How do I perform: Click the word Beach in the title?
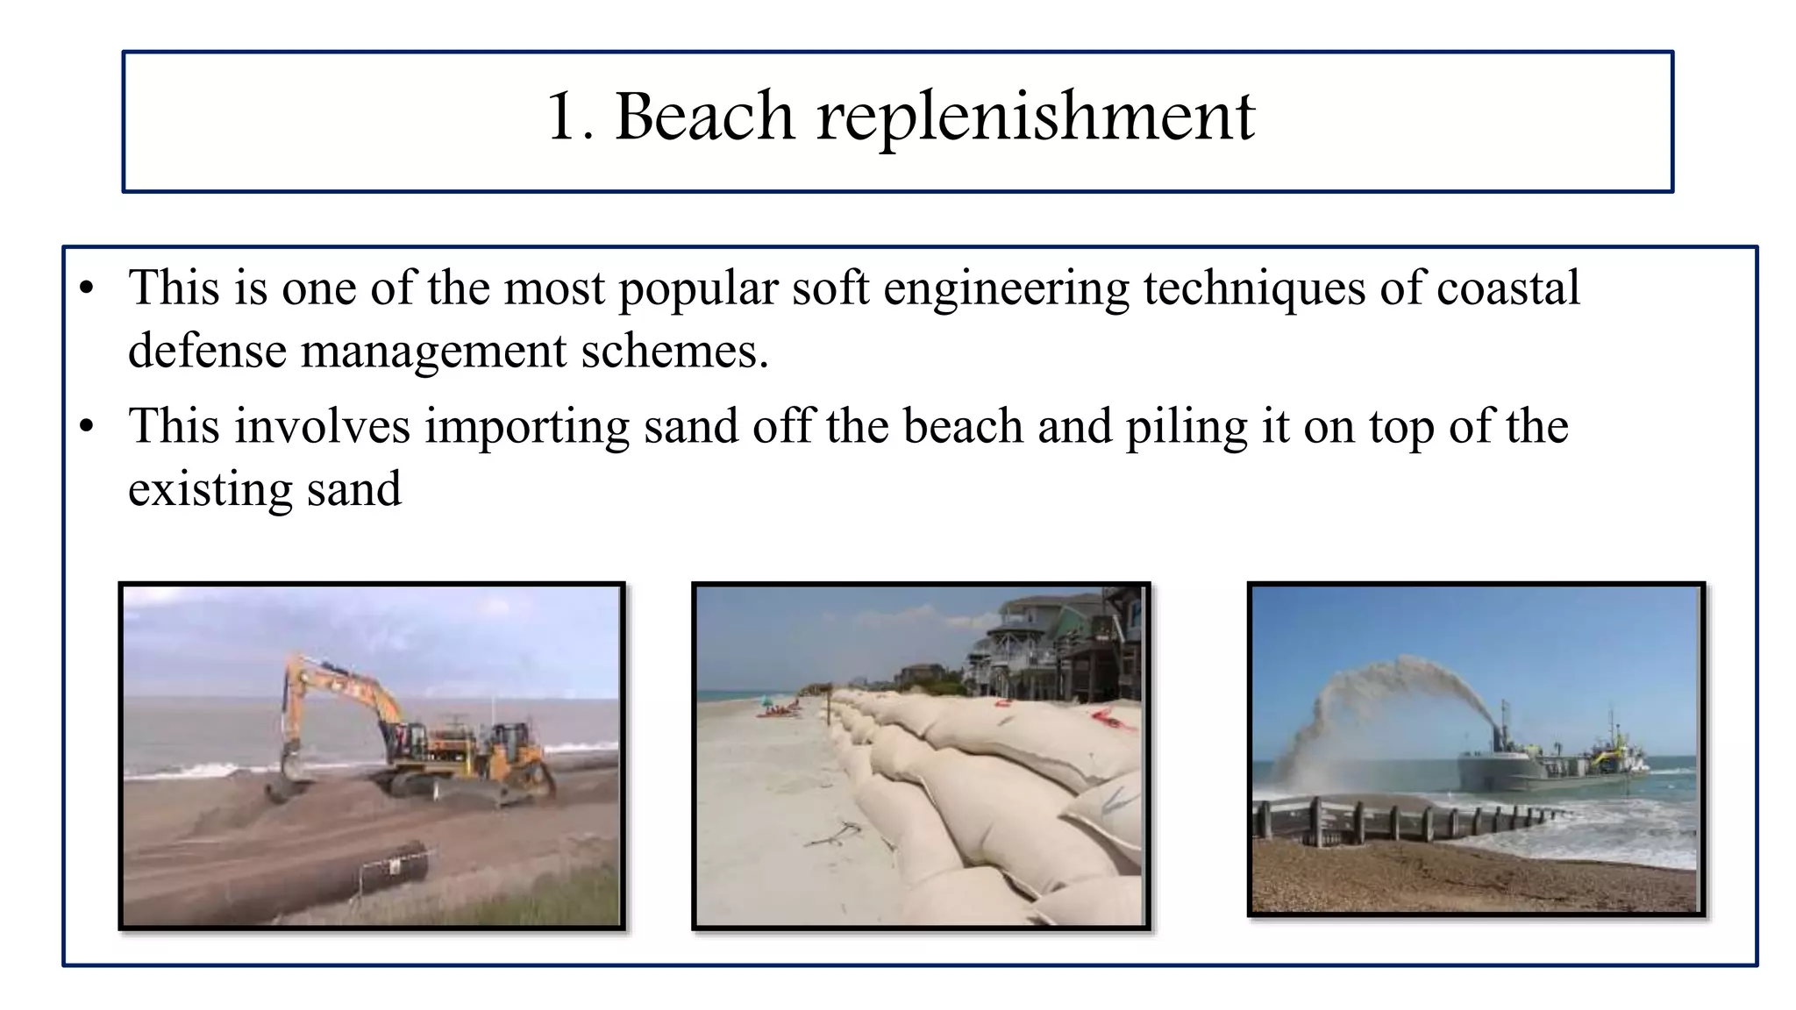coord(704,116)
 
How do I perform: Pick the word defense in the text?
coord(207,351)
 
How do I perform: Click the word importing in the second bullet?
coord(527,428)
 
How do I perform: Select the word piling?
coord(1187,428)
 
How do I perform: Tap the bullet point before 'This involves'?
coord(86,428)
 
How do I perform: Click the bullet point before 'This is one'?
coord(86,288)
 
